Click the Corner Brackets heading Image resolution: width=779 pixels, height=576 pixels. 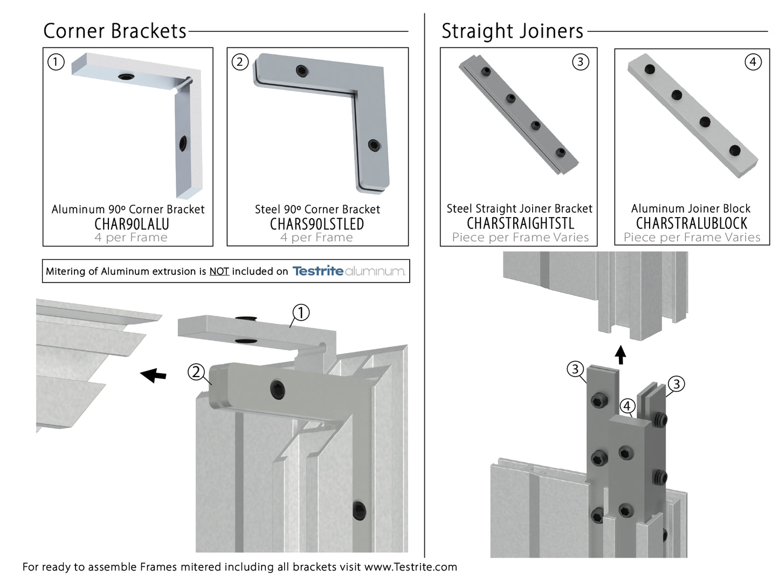(x=115, y=31)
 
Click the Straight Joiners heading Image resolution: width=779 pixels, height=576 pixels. (x=512, y=31)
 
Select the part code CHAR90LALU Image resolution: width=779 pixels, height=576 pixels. (x=132, y=224)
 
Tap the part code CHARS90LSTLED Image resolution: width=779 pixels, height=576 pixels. (x=317, y=224)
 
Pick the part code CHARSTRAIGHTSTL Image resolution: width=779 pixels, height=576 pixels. (x=520, y=223)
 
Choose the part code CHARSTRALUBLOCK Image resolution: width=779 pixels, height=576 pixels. (x=692, y=223)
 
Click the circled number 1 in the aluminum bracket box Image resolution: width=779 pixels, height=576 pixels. (x=56, y=62)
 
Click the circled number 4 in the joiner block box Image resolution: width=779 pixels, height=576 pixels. (x=753, y=62)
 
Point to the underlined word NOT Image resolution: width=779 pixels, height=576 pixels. (x=219, y=271)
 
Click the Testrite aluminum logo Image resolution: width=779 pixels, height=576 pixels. (x=349, y=270)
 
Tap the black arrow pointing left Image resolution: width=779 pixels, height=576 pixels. (x=153, y=374)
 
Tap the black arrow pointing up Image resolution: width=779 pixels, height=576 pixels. (x=621, y=355)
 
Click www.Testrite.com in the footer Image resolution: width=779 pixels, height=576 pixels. (x=410, y=567)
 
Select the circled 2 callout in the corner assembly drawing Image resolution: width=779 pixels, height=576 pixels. (x=196, y=372)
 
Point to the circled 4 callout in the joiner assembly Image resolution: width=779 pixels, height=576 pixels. (x=627, y=406)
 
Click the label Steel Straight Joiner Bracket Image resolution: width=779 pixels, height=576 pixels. (x=519, y=209)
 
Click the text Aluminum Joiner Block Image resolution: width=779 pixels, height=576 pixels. (x=691, y=209)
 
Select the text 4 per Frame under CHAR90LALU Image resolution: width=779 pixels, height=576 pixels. (x=131, y=238)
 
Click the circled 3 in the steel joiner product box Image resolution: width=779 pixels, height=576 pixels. (x=580, y=62)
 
